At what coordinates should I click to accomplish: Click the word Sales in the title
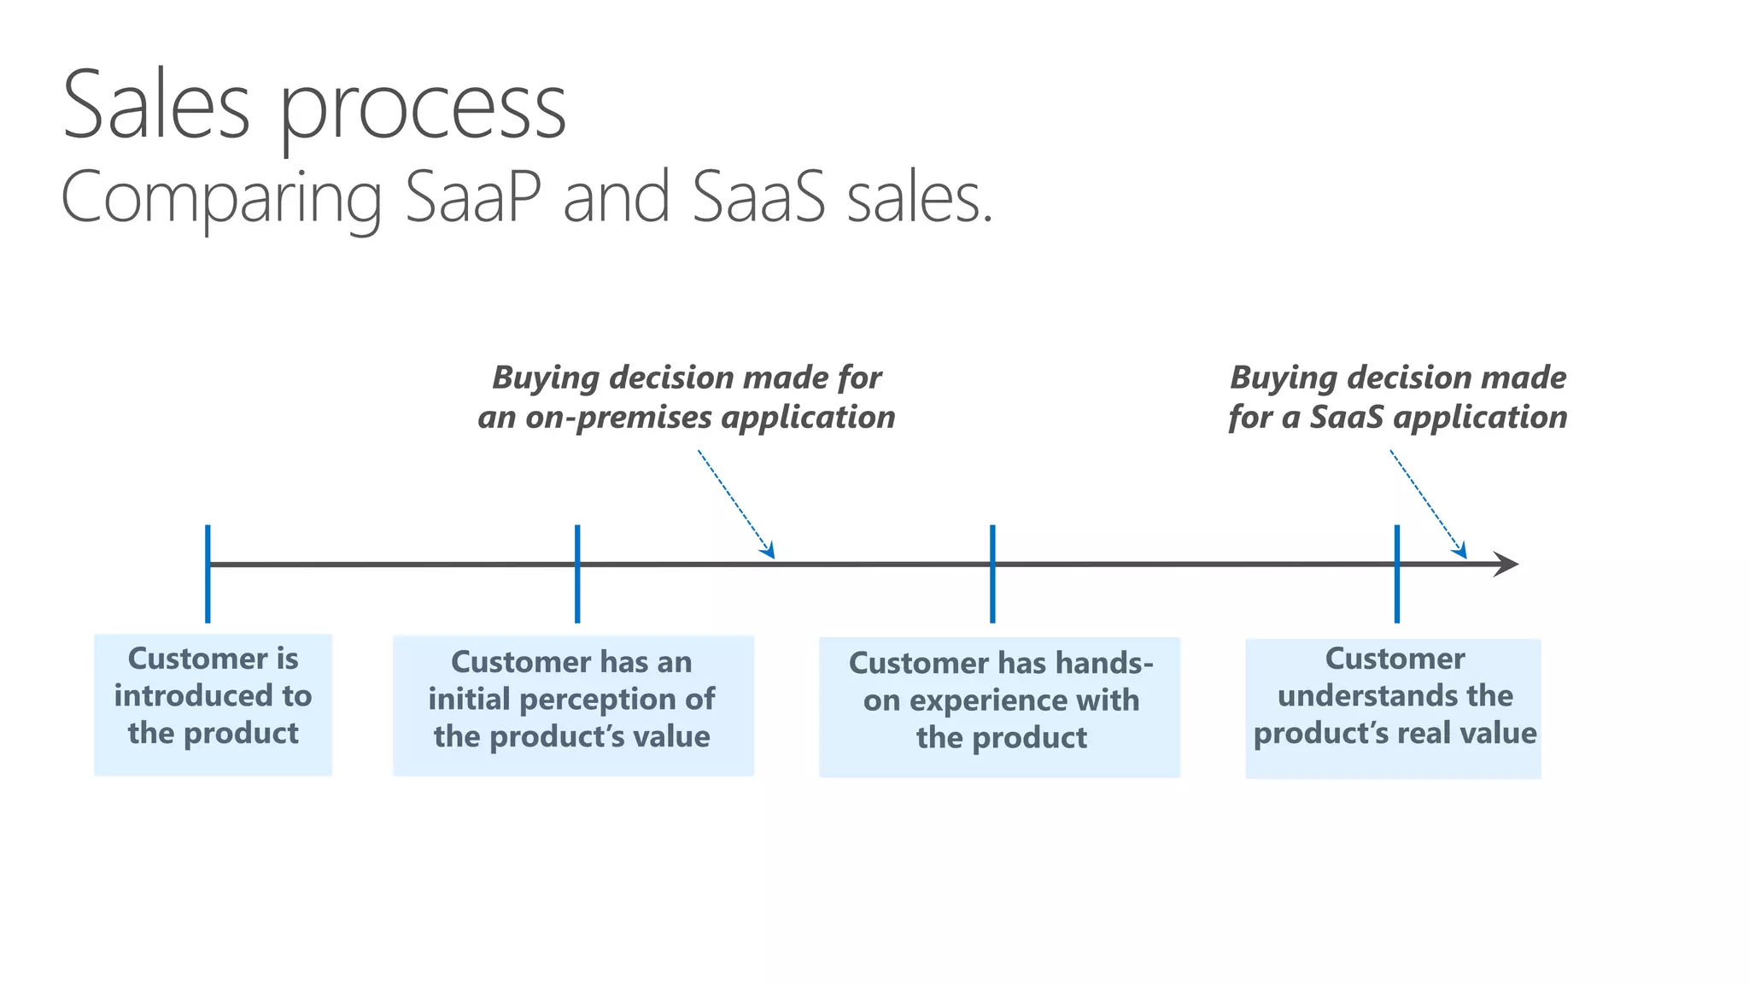click(x=156, y=107)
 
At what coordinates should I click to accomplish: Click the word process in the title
click(x=423, y=111)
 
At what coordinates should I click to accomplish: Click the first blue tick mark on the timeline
click(x=208, y=573)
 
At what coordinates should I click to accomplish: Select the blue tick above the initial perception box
click(x=577, y=573)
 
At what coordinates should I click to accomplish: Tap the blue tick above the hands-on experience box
click(x=992, y=573)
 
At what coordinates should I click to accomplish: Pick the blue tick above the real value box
click(x=1397, y=573)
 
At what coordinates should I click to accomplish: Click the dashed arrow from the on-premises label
click(x=735, y=504)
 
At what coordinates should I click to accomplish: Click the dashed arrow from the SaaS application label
click(x=1428, y=504)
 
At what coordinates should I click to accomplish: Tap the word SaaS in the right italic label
click(x=1347, y=418)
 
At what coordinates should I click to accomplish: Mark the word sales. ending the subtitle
click(x=920, y=197)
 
